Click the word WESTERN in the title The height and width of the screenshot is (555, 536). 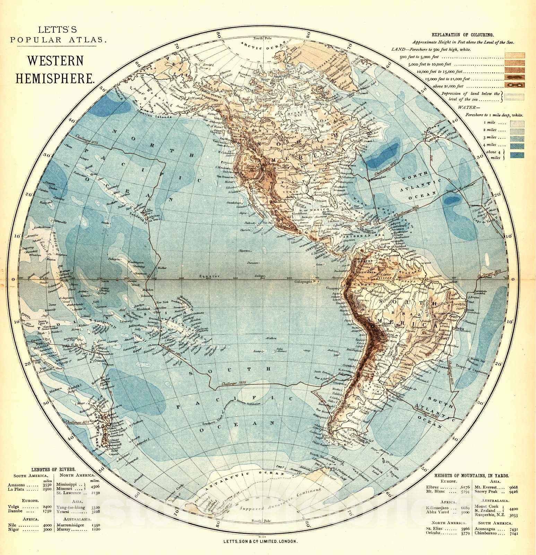[x=55, y=61]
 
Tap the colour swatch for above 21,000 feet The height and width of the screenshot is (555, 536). [x=515, y=85]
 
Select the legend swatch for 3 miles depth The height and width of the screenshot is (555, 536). [x=515, y=138]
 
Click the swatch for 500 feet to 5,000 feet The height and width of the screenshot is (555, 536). [x=515, y=56]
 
